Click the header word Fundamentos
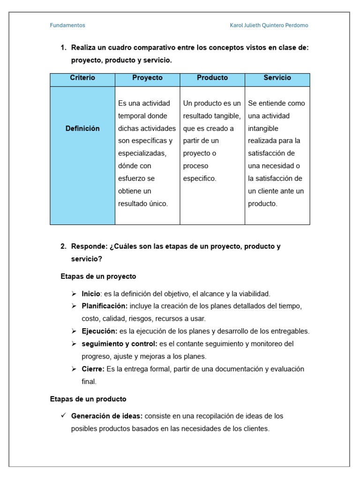67,25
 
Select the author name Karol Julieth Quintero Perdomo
269,25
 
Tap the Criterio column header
82,78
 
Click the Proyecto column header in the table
147,78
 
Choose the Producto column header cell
212,78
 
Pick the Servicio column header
277,78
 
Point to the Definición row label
82,128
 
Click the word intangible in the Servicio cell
263,128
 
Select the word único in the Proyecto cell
156,203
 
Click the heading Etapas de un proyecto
98,277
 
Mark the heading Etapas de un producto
88,399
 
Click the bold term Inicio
91,294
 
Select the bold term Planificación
105,306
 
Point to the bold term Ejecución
99,331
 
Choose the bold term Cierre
93,369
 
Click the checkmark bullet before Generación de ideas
63,416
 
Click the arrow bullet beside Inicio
74,294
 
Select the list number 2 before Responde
63,247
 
